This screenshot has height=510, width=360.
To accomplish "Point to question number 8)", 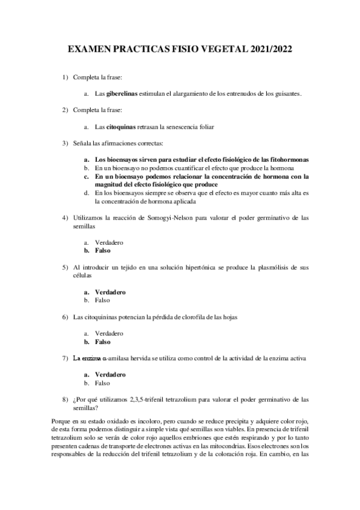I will [x=65, y=399].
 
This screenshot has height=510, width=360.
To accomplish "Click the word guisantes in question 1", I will [x=283, y=94].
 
